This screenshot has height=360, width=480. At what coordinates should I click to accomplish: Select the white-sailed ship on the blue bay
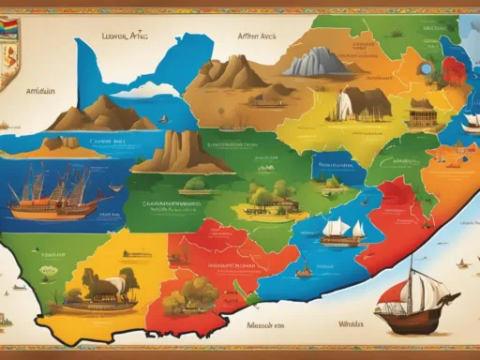pos(342,229)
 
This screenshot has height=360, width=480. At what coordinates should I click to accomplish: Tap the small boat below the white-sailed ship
pos(304,271)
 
